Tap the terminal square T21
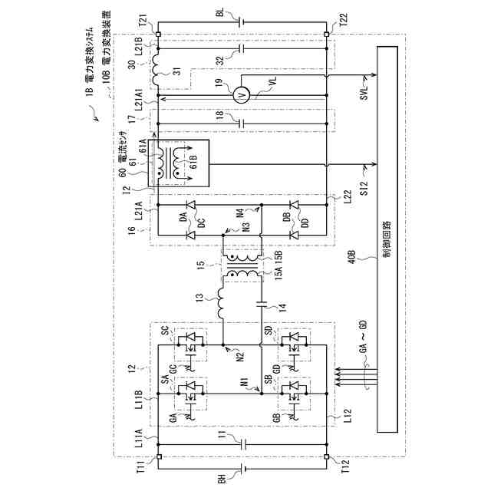pos(157,33)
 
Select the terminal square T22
pos(327,33)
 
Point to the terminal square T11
pos(157,458)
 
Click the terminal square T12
pos(327,458)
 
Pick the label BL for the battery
pos(219,15)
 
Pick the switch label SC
pos(166,331)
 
